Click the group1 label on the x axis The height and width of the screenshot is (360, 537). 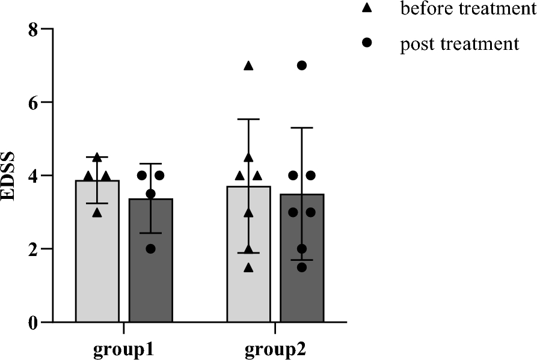pyautogui.click(x=124, y=350)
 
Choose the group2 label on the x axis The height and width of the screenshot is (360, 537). pyautogui.click(x=275, y=350)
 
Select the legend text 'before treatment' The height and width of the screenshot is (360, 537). pyautogui.click(x=468, y=9)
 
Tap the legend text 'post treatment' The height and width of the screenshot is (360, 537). pyautogui.click(x=459, y=44)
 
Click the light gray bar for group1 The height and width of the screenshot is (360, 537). pyautogui.click(x=97, y=258)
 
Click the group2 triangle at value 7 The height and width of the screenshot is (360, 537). pyautogui.click(x=248, y=66)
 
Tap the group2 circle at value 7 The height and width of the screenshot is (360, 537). pyautogui.click(x=302, y=66)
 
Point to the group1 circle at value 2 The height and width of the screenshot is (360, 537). pyautogui.click(x=151, y=249)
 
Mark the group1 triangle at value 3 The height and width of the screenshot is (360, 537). pyautogui.click(x=97, y=212)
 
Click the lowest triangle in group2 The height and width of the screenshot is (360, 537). pyautogui.click(x=248, y=267)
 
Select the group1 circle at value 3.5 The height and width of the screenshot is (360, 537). pyautogui.click(x=151, y=194)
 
